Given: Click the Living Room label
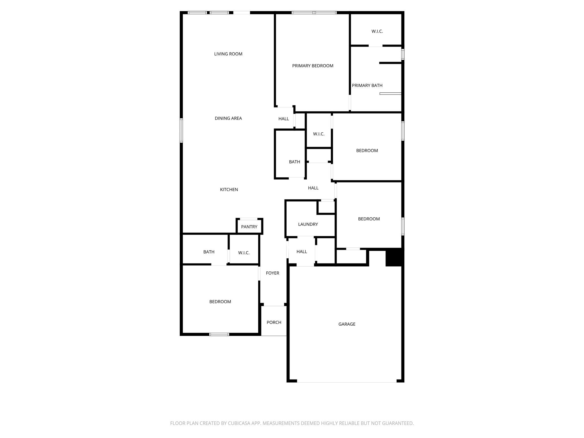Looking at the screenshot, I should (x=228, y=54).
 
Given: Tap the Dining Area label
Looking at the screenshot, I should (x=228, y=118).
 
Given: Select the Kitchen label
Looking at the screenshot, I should (x=229, y=190).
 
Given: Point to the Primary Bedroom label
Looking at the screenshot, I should (x=313, y=66).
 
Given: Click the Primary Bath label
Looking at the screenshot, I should (x=367, y=86).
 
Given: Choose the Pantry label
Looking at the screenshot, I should (x=249, y=227).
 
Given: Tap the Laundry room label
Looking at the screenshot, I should (x=308, y=224).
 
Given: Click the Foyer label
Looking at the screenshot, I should (x=272, y=273).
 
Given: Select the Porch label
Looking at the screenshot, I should (x=274, y=323).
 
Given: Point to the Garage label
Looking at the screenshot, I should (x=347, y=324).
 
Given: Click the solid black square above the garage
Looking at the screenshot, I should (x=394, y=257).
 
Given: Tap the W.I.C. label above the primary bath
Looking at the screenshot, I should (x=377, y=31).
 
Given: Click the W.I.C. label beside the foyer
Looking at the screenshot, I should (x=244, y=253).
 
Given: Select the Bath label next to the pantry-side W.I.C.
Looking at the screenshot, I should (x=209, y=252).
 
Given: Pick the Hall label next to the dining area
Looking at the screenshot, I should (x=283, y=119).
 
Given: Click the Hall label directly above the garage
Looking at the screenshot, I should (x=301, y=252).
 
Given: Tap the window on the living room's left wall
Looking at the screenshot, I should (x=181, y=130).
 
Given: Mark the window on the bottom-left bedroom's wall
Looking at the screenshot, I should (x=219, y=334).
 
